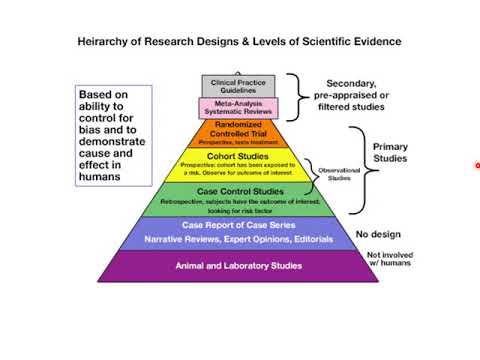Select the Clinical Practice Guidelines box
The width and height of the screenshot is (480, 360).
tap(238, 85)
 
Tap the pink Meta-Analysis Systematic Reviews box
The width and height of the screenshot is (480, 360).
tap(238, 107)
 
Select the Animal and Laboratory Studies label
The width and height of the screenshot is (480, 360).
tap(238, 266)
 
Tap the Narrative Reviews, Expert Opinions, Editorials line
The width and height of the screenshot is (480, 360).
tap(238, 240)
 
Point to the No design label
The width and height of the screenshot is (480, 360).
tap(379, 235)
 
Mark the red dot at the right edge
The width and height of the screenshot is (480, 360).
tap(477, 166)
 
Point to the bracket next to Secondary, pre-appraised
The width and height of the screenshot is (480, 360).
tap(295, 96)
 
